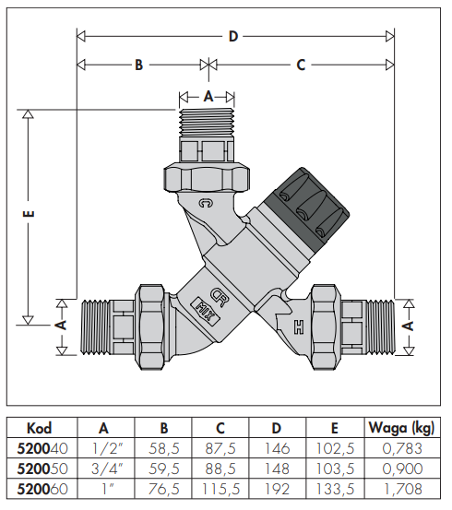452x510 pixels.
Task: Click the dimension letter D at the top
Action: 233,36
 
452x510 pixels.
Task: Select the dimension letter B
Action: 139,65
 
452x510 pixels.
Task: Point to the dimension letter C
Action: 301,65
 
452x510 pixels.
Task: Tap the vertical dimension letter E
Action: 29,214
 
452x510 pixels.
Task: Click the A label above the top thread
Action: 208,96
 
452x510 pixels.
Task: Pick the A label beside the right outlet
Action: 409,326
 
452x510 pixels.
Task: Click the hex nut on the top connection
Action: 207,178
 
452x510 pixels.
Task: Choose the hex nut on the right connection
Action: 326,326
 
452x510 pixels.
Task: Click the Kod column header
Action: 40,428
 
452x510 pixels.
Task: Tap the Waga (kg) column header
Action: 401,428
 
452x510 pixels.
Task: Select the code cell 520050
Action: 42,468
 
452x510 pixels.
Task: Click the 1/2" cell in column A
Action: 107,448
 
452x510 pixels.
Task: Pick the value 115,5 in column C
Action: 220,489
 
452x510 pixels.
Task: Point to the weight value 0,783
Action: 402,448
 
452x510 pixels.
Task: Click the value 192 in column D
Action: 277,489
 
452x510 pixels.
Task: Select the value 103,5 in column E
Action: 335,468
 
